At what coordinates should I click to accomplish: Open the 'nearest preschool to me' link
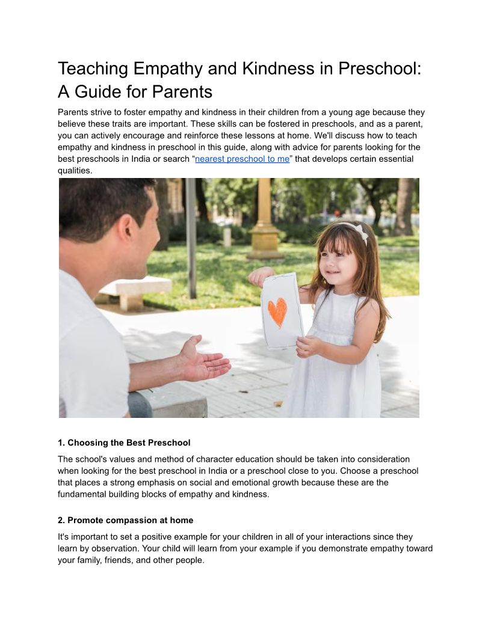[242, 159]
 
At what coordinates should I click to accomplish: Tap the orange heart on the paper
[277, 311]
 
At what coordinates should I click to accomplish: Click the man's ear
[128, 230]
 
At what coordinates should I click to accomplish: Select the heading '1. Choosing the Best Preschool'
[124, 443]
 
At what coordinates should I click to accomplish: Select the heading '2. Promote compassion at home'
[125, 520]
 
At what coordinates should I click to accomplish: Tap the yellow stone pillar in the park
[265, 222]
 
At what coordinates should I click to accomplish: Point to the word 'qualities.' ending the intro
[76, 170]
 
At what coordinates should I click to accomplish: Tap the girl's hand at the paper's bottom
[309, 346]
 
